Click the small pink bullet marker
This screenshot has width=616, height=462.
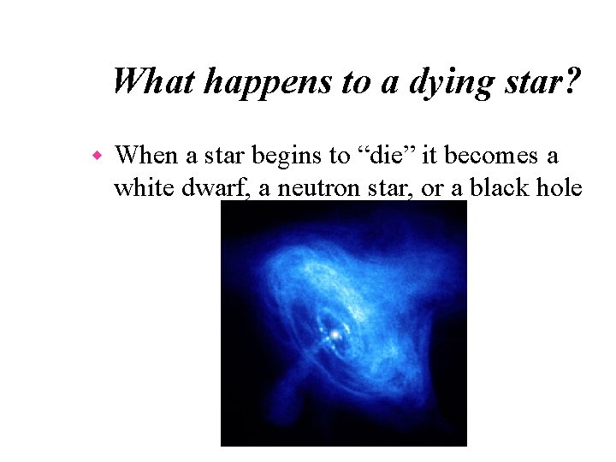98,157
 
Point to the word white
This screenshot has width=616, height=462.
140,187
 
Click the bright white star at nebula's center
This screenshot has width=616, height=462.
336,335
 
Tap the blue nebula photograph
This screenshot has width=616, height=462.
343,325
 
